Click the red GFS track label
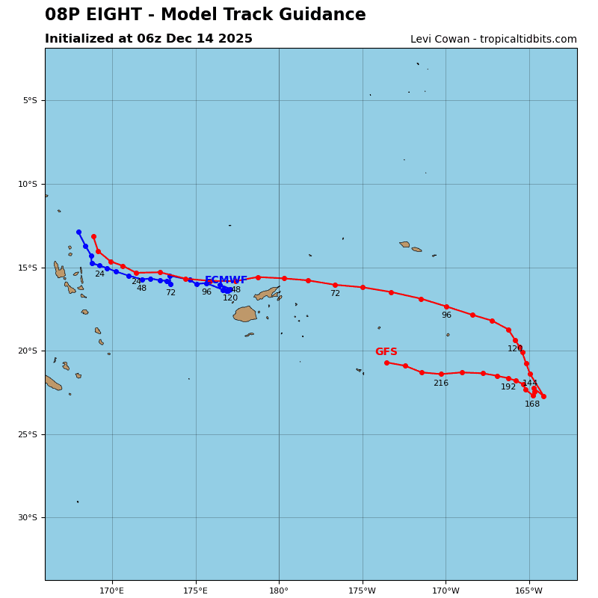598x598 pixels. coord(386,352)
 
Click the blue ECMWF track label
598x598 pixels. coord(226,280)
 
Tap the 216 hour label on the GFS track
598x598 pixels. coord(441,383)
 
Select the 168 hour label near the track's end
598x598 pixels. coord(532,404)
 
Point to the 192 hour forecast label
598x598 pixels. coord(508,387)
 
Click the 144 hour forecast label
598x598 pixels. coord(530,383)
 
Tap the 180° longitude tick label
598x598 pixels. coord(279,591)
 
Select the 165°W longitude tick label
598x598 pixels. coord(529,591)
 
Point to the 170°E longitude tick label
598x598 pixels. coord(112,591)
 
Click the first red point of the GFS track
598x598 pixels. coord(93,236)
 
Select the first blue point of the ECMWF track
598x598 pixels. coord(78,232)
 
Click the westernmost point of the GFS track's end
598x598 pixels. coord(386,363)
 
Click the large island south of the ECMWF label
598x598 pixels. coord(244,314)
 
